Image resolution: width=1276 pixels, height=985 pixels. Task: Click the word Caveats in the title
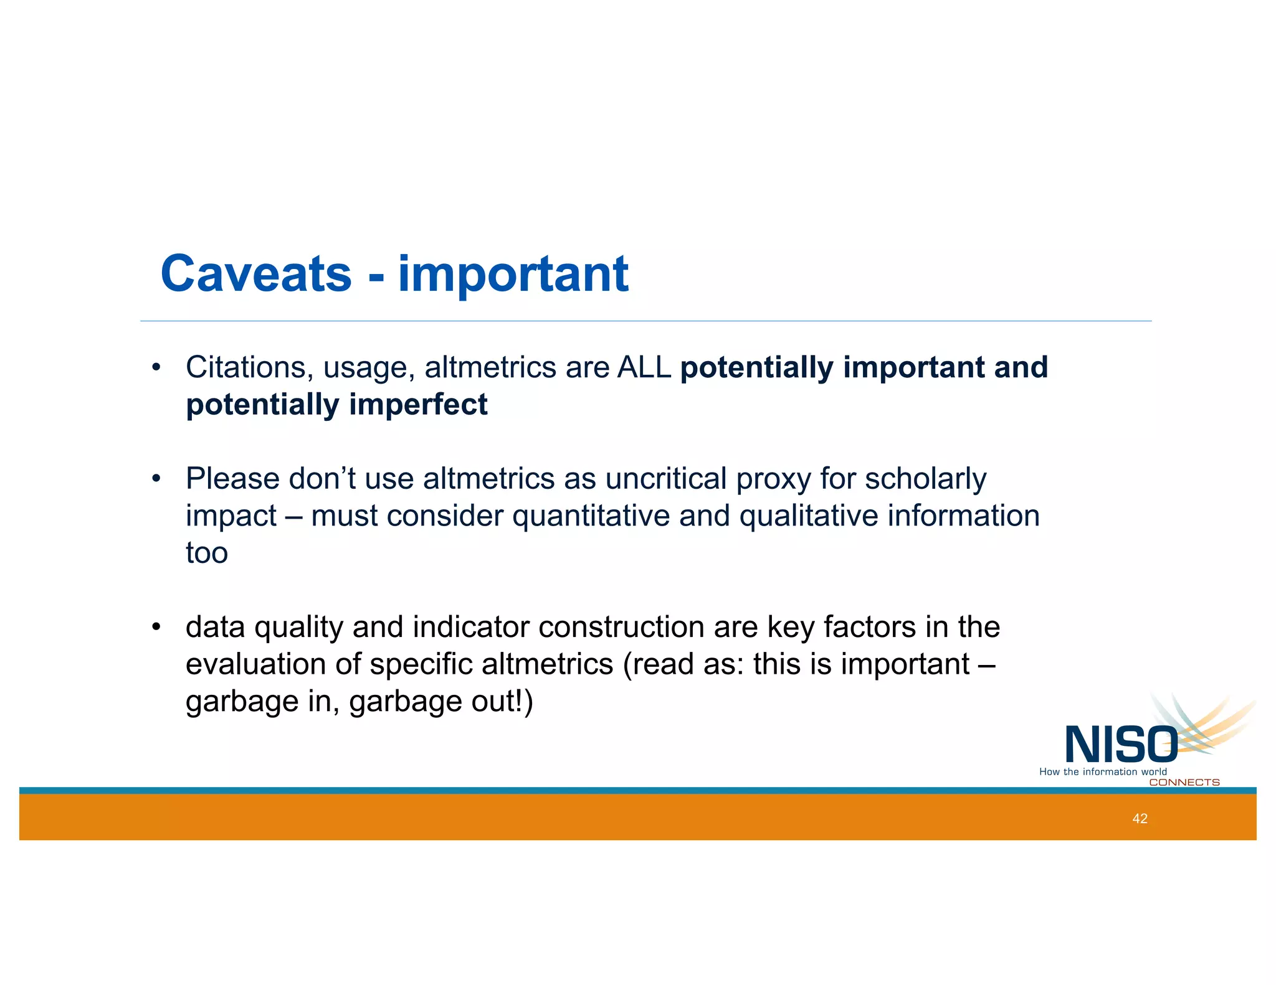(x=256, y=274)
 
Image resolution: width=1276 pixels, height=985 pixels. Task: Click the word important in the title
(x=513, y=275)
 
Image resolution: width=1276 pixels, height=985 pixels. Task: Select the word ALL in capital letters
(x=644, y=367)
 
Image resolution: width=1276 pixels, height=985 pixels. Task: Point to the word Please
(x=232, y=479)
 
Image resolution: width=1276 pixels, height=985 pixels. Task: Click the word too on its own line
(x=207, y=553)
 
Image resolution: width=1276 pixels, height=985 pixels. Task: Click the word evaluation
(x=255, y=664)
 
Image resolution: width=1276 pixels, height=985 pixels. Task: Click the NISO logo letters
(x=1120, y=745)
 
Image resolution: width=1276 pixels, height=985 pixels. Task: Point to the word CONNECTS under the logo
(x=1184, y=783)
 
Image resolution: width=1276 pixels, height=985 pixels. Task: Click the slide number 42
(x=1140, y=819)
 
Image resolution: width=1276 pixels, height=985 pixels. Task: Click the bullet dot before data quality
(x=156, y=626)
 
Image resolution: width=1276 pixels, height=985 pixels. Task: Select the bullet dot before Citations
(x=156, y=367)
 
